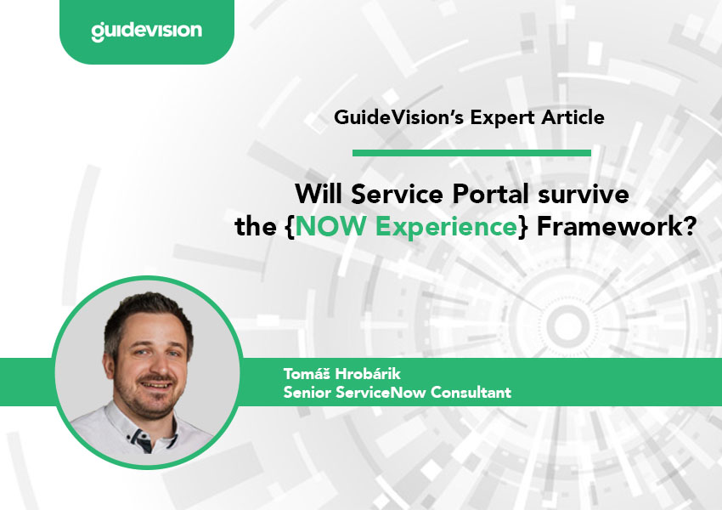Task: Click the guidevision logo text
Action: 146,31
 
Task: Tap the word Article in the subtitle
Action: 573,117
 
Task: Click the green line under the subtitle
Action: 471,153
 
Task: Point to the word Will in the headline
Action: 319,194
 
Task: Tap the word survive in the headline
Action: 584,194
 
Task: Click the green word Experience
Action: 446,227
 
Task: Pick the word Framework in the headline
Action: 610,226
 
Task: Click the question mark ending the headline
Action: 690,226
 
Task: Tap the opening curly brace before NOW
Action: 290,227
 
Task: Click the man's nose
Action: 153,365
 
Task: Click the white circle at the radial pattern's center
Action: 567,326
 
